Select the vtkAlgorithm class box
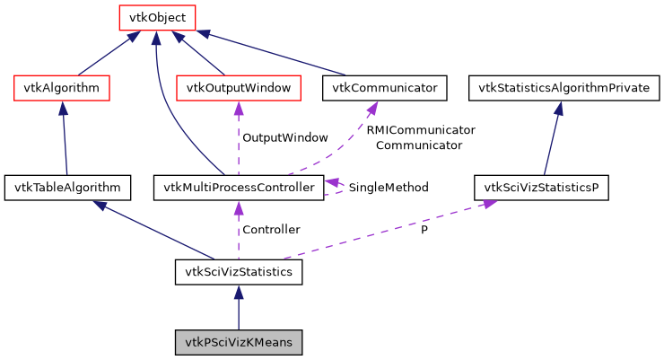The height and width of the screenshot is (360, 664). (62, 88)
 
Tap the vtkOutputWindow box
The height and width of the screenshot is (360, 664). (238, 88)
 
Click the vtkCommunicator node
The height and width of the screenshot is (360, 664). (384, 88)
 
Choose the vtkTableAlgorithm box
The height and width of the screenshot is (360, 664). (68, 188)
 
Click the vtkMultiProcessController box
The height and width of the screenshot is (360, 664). (238, 188)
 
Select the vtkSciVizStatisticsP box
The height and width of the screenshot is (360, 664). (541, 188)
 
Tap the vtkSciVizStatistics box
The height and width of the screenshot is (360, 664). (239, 271)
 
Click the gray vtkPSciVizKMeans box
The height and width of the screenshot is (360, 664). (239, 343)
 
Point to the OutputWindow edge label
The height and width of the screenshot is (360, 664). (285, 138)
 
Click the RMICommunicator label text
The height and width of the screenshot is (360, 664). (420, 130)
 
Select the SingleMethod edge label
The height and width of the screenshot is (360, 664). (388, 188)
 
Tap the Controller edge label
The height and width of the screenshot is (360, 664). (271, 230)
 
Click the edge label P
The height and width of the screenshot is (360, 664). (424, 230)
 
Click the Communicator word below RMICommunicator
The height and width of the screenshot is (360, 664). (419, 145)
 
